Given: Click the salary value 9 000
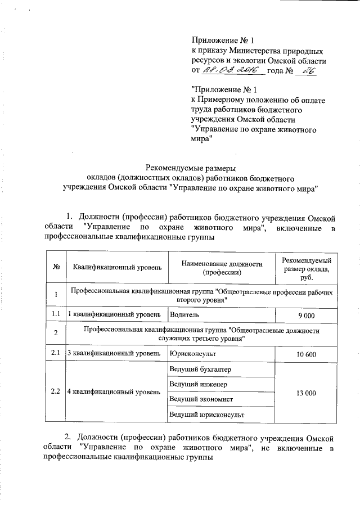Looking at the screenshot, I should point(306,314).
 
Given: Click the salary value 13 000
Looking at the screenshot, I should point(306,392).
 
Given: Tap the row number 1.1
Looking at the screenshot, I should point(56,314).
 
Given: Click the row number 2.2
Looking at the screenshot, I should point(56,391).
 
